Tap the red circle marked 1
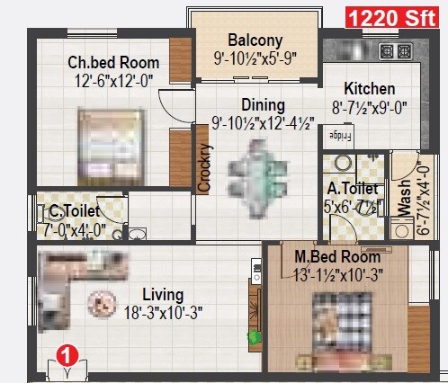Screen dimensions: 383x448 tap(65, 355)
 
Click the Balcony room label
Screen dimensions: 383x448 tap(255, 41)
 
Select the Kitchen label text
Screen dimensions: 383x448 tap(370, 89)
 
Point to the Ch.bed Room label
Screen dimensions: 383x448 tap(113, 63)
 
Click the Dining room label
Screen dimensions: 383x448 tap(263, 105)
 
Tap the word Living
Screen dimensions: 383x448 tap(163, 295)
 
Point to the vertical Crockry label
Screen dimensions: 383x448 tap(204, 168)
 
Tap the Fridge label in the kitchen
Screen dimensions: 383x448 tap(339, 135)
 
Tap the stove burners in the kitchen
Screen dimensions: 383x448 tap(389, 50)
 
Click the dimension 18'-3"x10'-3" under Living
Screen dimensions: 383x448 tap(162, 314)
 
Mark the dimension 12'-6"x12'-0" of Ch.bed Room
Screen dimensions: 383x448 tap(113, 79)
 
